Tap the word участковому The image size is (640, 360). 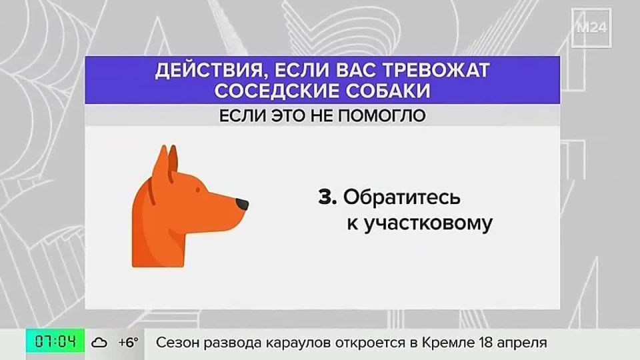tap(419, 224)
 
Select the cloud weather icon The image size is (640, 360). tap(100, 343)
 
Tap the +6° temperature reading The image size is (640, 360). tap(128, 343)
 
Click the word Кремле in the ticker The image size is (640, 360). tap(448, 343)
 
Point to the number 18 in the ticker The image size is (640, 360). tap(487, 343)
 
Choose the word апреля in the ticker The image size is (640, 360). tap(524, 344)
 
